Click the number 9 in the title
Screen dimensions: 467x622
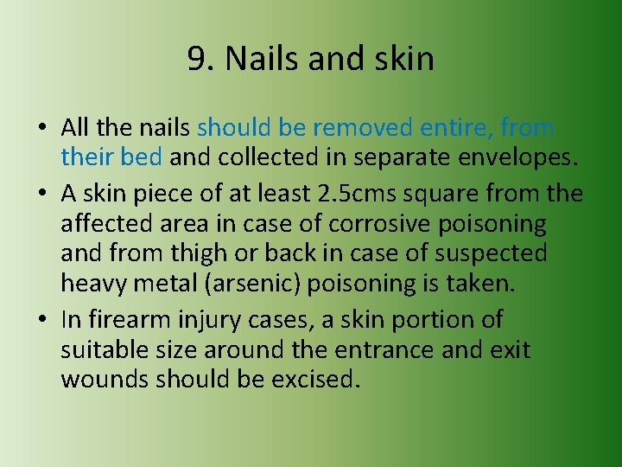[x=196, y=59]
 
